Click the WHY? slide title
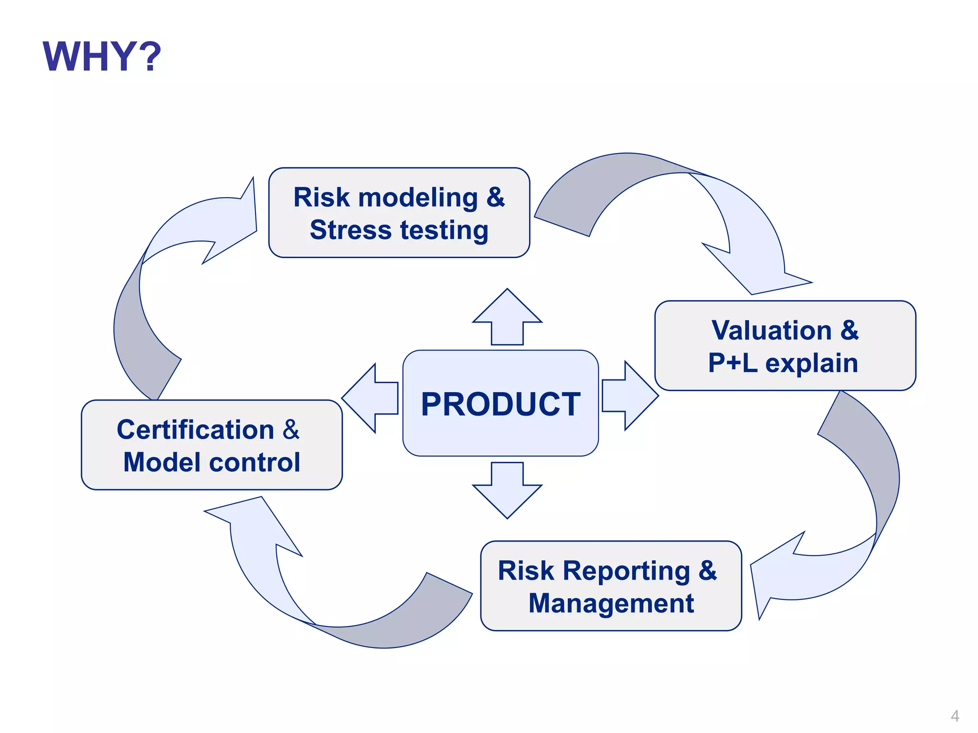(x=102, y=57)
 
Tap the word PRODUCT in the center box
(x=500, y=405)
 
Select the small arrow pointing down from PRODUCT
(x=507, y=492)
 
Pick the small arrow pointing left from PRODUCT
(x=370, y=398)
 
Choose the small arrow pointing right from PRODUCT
(x=630, y=396)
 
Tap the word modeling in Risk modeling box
(x=418, y=197)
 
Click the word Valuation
(x=771, y=330)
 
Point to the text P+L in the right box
(x=733, y=363)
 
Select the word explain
(x=812, y=364)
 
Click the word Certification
(x=195, y=429)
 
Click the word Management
(x=611, y=603)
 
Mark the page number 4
(x=955, y=716)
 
